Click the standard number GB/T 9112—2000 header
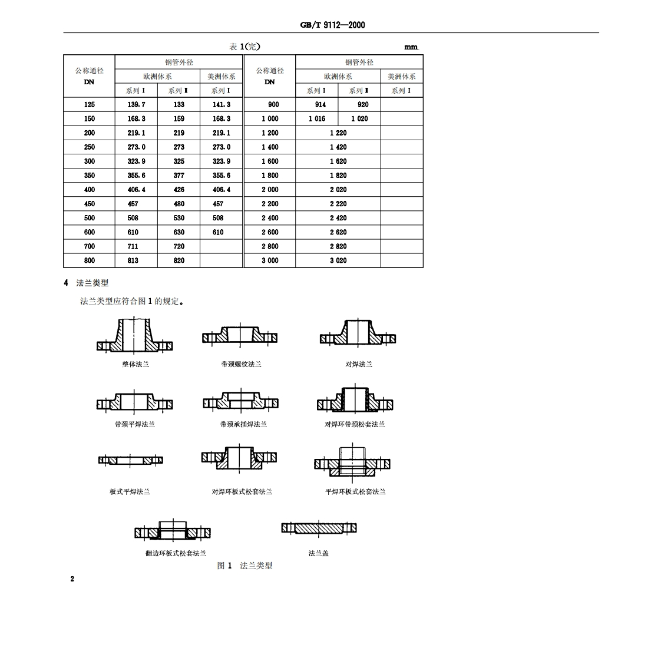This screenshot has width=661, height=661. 332,25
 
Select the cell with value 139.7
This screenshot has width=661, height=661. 136,104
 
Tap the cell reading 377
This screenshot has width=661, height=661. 179,175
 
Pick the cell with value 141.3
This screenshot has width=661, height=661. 222,104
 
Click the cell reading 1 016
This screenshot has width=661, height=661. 317,118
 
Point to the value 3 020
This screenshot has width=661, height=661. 338,260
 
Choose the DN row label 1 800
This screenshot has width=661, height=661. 270,175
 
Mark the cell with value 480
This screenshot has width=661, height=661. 179,204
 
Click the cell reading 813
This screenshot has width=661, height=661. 133,260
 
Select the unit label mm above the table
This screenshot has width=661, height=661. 411,47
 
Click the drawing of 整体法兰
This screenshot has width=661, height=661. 135,336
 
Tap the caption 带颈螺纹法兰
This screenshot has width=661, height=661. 241,364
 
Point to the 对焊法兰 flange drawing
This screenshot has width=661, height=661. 358,335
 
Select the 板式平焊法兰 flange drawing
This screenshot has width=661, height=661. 130,460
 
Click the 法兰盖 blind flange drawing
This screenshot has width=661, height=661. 319,528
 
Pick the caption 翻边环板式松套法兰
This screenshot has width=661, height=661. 176,553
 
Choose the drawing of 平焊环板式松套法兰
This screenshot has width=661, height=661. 352,462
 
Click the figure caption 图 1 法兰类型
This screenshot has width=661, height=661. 244,566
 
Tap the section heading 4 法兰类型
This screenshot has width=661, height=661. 86,283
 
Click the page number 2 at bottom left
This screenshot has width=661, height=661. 72,579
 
